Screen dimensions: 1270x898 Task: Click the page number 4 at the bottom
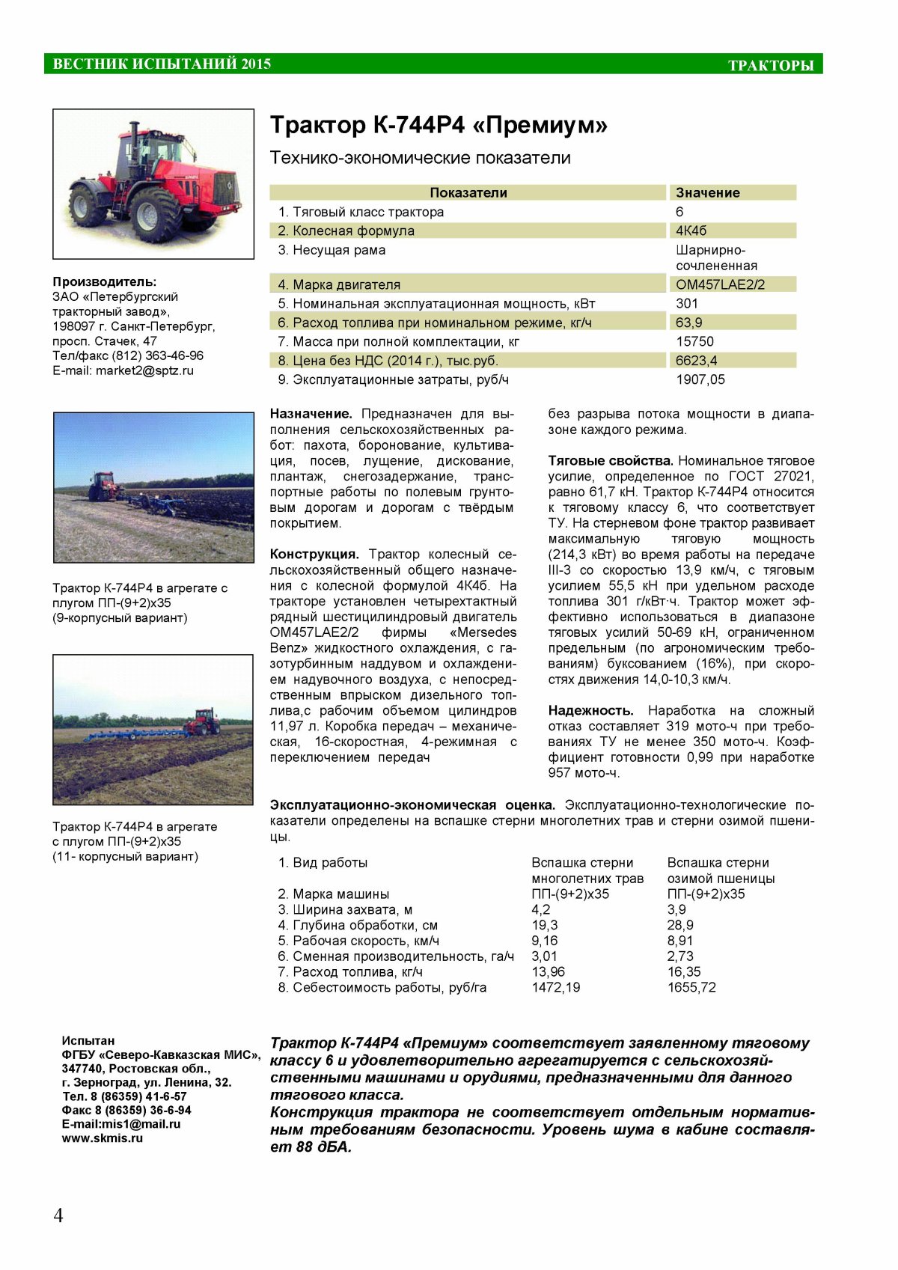pos(58,1215)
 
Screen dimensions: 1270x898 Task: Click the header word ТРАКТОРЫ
pos(771,66)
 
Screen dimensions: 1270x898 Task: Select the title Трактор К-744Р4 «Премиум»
pos(439,125)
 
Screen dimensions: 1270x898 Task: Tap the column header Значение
pos(707,192)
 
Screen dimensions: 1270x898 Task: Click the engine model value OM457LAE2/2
pos(720,284)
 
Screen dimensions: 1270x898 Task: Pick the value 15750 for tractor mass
pos(694,341)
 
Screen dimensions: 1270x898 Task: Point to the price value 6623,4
pos(696,361)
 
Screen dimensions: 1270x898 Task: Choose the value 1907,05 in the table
pos(700,379)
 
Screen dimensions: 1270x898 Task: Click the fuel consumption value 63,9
pos(688,323)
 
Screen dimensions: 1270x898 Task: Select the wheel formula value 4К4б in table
pos(691,231)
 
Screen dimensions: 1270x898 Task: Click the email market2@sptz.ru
pos(144,370)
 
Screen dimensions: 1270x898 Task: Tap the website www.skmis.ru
pos(103,1138)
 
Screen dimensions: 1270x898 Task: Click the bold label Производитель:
pos(105,281)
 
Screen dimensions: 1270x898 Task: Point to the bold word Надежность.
pos(590,710)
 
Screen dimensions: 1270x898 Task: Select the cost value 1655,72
pos(691,987)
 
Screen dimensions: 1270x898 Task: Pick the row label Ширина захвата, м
pos(345,909)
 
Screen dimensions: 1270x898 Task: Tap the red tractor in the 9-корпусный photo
pos(106,486)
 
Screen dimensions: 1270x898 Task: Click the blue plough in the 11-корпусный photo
pos(135,735)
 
